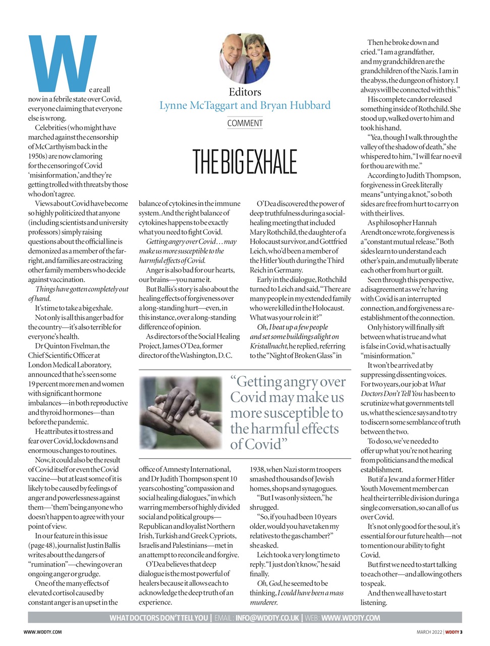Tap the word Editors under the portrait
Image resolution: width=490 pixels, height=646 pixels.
coord(245,92)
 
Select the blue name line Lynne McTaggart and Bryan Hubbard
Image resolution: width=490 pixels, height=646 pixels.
coord(245,105)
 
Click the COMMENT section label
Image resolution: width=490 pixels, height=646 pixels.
coord(245,123)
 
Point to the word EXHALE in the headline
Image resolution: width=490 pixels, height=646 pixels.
coord(270,162)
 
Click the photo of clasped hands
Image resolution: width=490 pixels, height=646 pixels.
coord(180,413)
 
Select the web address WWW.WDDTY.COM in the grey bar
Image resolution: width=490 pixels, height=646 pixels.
coord(350,618)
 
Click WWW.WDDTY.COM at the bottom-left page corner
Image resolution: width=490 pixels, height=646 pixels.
coord(42,632)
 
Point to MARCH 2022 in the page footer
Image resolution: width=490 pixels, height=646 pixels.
coord(429,632)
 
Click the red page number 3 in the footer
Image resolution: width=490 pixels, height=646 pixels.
coord(461,632)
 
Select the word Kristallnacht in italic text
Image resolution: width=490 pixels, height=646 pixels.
coord(268,346)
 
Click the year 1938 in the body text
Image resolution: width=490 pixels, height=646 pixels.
coord(257,469)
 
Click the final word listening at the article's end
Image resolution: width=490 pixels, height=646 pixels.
coord(373,603)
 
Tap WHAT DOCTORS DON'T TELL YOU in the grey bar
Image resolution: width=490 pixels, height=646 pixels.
coord(158,618)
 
